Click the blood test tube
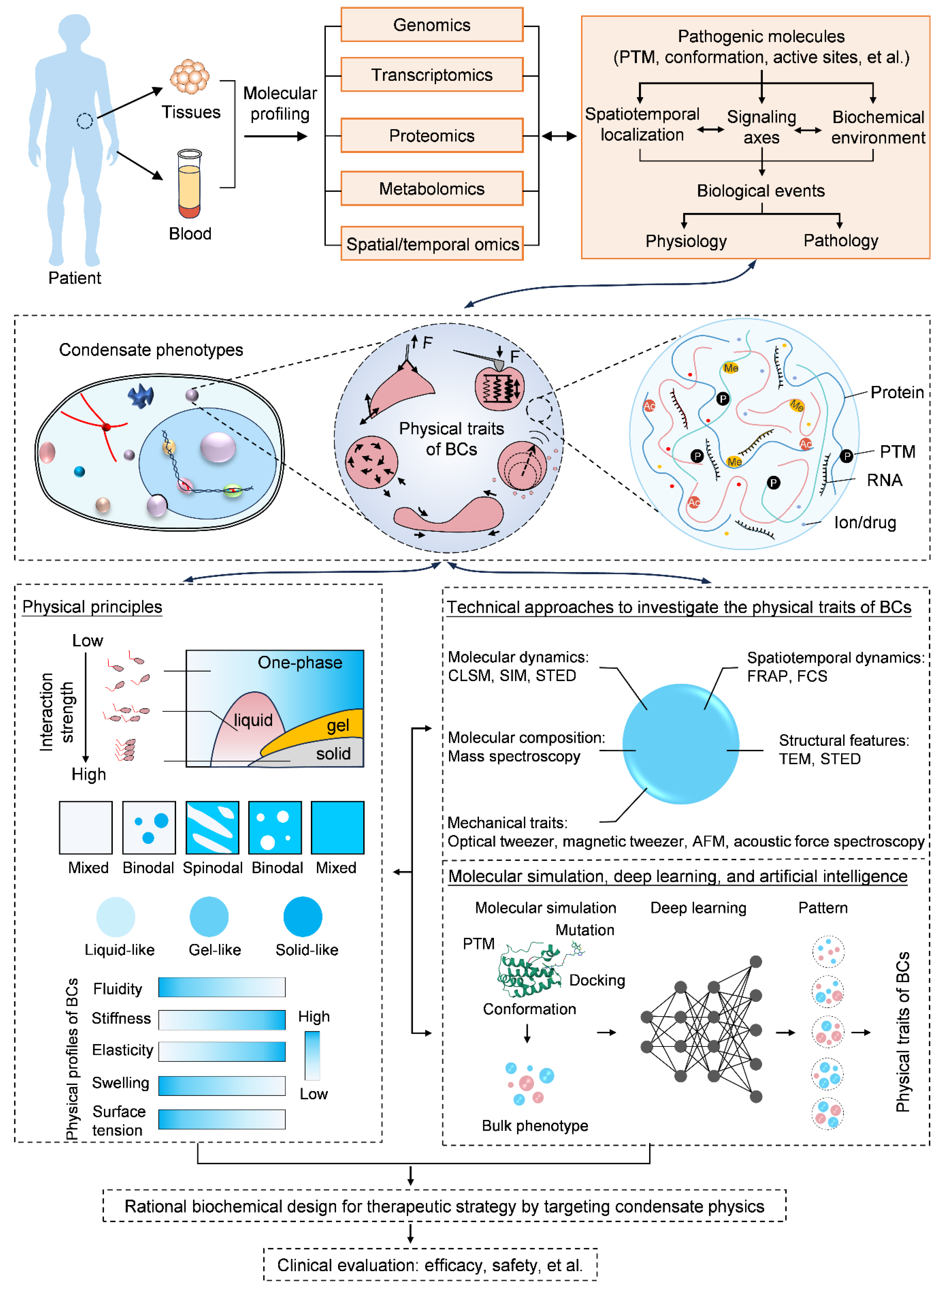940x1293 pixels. pyautogui.click(x=189, y=184)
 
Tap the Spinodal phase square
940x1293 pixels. pyautogui.click(x=212, y=827)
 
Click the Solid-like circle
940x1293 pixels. pyautogui.click(x=303, y=917)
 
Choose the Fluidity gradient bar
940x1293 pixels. pyautogui.click(x=222, y=987)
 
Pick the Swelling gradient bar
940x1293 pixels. pyautogui.click(x=222, y=1086)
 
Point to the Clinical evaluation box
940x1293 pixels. pyautogui.click(x=430, y=1265)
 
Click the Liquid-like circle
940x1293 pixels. pyautogui.click(x=116, y=917)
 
